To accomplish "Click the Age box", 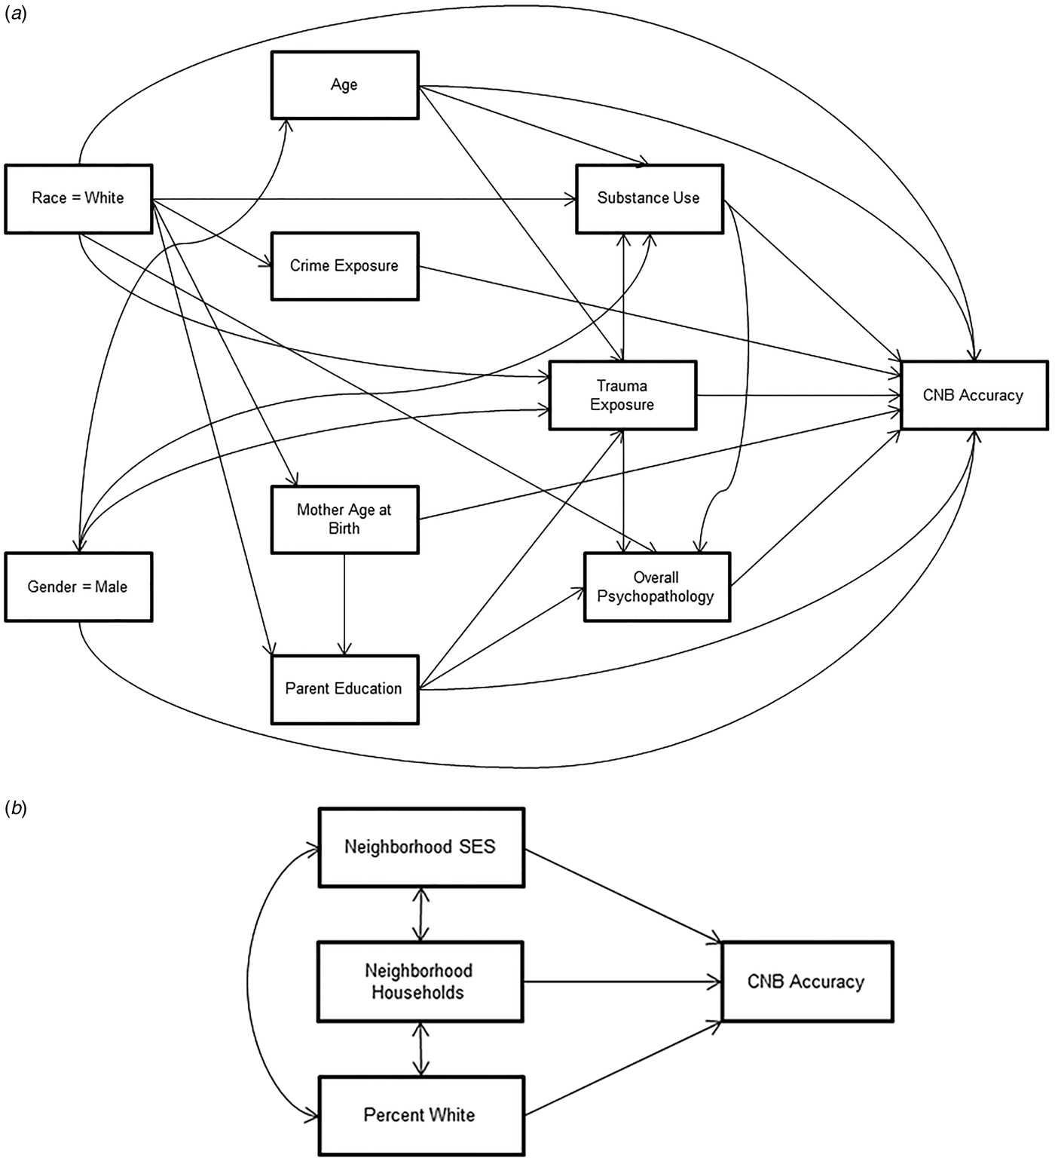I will (x=344, y=85).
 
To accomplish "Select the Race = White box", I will (x=78, y=199).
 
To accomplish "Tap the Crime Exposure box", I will (x=344, y=266).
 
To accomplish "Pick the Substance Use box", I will (x=649, y=199).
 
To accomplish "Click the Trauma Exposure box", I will (x=622, y=396).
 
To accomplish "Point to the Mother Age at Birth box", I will (x=344, y=519).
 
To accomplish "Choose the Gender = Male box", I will (x=78, y=587).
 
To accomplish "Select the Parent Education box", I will (x=344, y=689).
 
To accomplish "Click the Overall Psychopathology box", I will (x=656, y=587).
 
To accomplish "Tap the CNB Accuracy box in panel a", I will (x=974, y=396).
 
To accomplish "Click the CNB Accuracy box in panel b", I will (x=806, y=982).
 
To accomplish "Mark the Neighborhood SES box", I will (x=420, y=847).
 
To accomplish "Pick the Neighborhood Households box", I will (x=419, y=982).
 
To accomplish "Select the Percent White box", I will (x=420, y=1115).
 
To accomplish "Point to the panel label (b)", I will (x=16, y=809).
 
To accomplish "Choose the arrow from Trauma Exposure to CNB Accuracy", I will (x=799, y=396).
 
